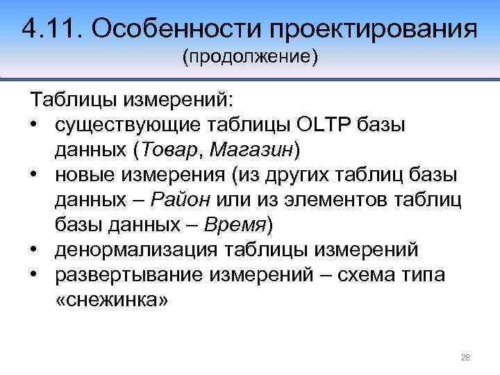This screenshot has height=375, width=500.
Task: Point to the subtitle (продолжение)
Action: [x=249, y=56]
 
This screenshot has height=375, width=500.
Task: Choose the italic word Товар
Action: [x=167, y=149]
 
